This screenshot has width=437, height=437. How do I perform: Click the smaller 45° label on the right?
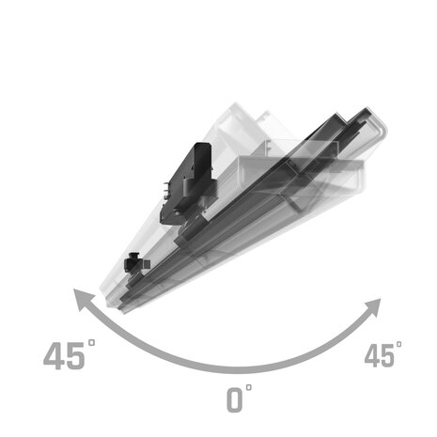click(x=382, y=355)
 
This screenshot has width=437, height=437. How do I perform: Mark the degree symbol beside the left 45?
click(x=92, y=344)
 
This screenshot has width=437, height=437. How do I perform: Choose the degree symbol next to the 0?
click(x=249, y=386)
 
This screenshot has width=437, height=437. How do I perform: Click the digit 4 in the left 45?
click(x=55, y=357)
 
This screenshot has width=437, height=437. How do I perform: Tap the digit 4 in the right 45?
click(x=372, y=356)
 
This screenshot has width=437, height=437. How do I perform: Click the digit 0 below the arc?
click(x=235, y=399)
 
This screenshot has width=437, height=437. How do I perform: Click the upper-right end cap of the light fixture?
click(x=376, y=127)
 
